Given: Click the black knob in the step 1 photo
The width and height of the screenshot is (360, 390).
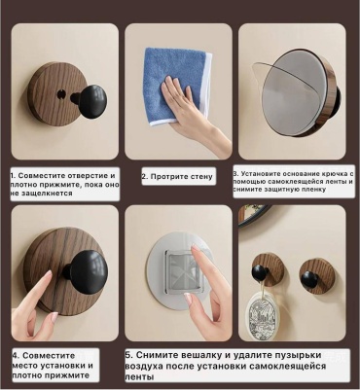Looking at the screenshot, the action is [92, 101].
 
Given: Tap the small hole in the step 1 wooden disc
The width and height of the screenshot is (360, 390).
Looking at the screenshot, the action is [61, 94].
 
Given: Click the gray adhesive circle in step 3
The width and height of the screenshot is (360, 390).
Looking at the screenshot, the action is [293, 92].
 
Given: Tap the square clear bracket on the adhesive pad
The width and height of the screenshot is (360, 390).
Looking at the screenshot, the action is [185, 271].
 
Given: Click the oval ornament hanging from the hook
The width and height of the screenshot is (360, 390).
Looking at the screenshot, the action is [263, 315].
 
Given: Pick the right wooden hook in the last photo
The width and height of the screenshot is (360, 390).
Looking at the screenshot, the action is [316, 276].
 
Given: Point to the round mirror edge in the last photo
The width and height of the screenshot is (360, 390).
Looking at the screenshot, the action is [254, 215].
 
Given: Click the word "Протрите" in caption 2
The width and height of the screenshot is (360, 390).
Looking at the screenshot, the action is [165, 177].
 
